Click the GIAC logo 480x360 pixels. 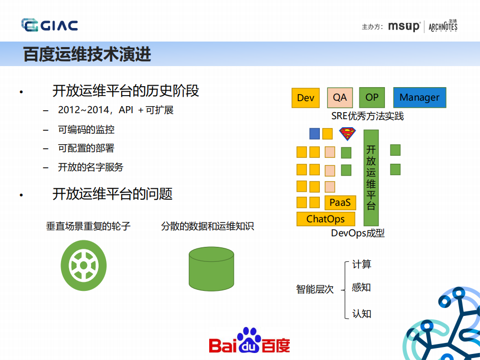coord(49,25)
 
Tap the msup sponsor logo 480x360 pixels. coord(403,27)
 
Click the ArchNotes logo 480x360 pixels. coord(443,26)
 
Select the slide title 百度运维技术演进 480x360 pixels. coord(87,54)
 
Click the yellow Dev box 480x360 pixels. coord(305,98)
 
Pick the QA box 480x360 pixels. coord(340,98)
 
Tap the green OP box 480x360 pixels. coord(372,98)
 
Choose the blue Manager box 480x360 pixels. coord(419,98)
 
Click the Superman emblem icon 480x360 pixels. coord(347,134)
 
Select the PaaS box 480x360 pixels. coord(340,203)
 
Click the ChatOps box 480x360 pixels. coord(325,219)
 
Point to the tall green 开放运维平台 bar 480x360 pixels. coord(371,178)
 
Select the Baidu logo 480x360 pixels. coord(249,341)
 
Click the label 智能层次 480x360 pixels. coord(315,289)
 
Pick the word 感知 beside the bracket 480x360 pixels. coord(361,287)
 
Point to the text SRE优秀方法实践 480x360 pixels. coord(367,116)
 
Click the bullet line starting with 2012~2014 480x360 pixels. coord(116,110)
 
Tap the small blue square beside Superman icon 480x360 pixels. coord(314,134)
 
